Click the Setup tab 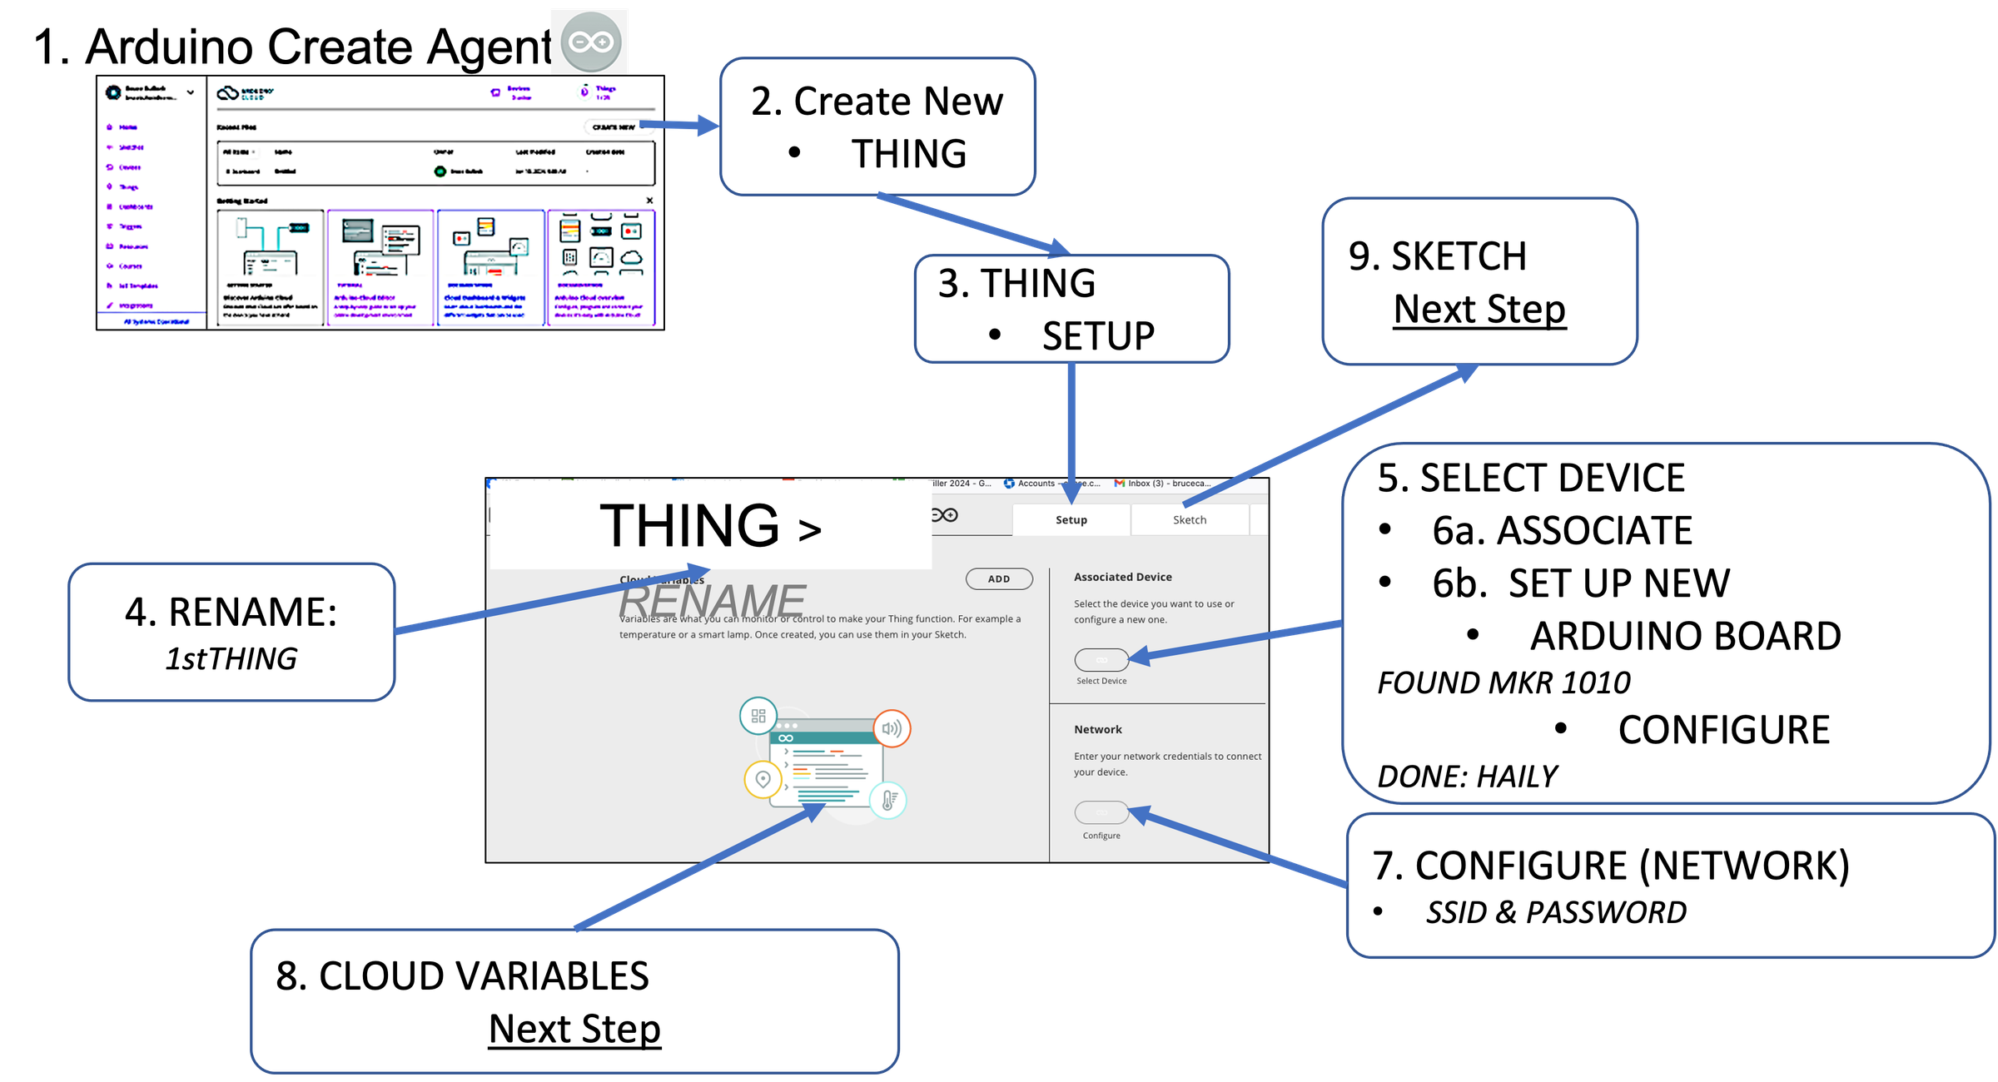point(1071,520)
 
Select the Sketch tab point(1189,520)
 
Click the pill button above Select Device point(1101,660)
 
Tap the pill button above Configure point(1101,812)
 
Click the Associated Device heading point(1122,577)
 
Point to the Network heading point(1097,729)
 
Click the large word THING point(688,526)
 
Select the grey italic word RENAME point(712,601)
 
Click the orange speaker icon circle point(892,729)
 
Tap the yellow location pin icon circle point(763,780)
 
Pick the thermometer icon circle point(888,801)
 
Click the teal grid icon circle point(758,716)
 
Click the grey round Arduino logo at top point(590,42)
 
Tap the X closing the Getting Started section point(649,201)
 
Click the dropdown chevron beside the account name point(191,92)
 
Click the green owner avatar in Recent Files point(440,171)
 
